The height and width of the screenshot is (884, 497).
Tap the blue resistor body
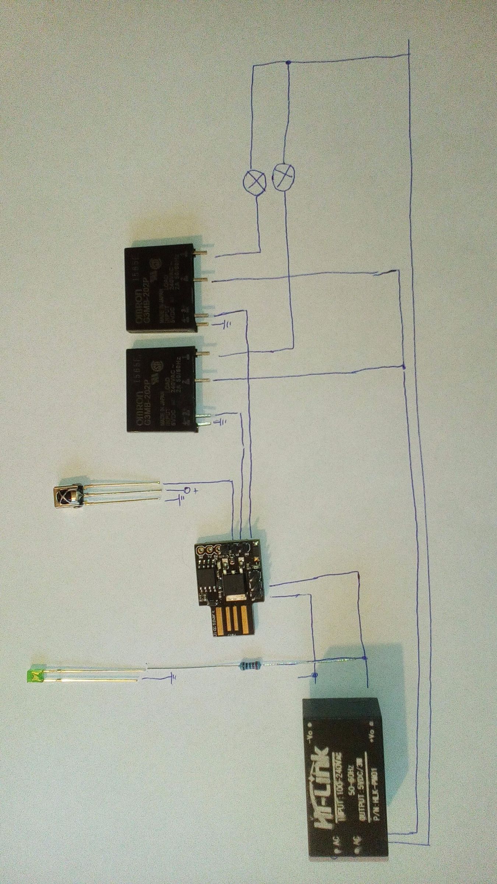point(249,665)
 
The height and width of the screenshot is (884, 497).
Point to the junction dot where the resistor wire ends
point(364,658)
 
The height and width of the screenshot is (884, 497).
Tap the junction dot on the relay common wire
point(403,367)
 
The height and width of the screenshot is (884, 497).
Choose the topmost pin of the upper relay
point(201,253)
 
